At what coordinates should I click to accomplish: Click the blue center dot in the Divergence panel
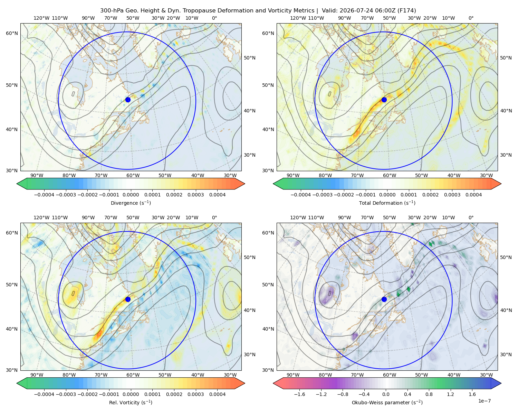pos(128,100)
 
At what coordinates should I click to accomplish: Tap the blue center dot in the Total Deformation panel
pos(384,100)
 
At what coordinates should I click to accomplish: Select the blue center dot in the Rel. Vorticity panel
pos(128,299)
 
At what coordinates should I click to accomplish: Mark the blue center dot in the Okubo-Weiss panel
pos(384,299)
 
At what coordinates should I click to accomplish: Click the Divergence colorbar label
pos(131,203)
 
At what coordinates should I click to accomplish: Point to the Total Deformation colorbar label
pos(387,203)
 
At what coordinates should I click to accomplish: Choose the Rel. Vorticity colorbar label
pos(131,403)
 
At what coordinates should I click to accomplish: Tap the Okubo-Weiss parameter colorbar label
pos(387,403)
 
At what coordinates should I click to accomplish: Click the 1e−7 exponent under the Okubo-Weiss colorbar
pos(484,401)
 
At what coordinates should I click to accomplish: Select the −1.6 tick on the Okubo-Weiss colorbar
pos(299,394)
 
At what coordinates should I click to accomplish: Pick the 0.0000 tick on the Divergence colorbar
pos(131,195)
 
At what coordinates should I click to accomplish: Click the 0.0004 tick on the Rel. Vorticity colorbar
pos(217,394)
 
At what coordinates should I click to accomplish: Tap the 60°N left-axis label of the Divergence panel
pos(12,33)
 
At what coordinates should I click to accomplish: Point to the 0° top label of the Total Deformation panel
pos(471,18)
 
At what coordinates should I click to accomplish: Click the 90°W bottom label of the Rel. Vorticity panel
pos(37,375)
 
